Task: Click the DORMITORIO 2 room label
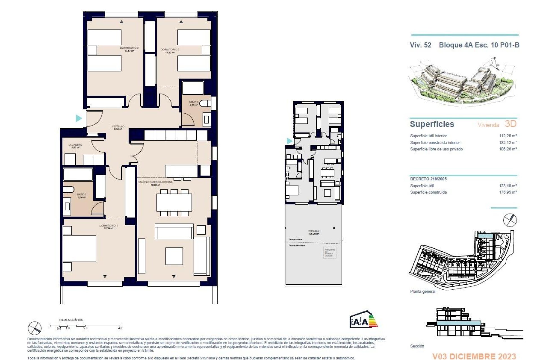click(x=129, y=48)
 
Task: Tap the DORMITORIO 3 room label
click(x=170, y=49)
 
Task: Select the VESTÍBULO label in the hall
click(x=118, y=127)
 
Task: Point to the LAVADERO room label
click(x=75, y=145)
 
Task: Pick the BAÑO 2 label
click(x=193, y=102)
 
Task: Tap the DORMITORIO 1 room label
click(x=108, y=226)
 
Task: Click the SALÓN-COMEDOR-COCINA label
click(x=155, y=182)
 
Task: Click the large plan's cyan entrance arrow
click(x=79, y=118)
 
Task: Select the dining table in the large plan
click(x=174, y=202)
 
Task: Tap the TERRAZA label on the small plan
click(x=314, y=231)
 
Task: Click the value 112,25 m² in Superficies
click(x=508, y=136)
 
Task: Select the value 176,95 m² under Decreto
click(x=508, y=192)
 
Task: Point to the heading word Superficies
click(x=432, y=124)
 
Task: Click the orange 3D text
click(x=511, y=124)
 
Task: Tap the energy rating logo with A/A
click(x=363, y=320)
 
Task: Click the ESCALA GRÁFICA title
click(x=71, y=320)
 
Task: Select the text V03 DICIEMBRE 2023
click(x=474, y=356)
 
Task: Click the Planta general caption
click(x=422, y=291)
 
